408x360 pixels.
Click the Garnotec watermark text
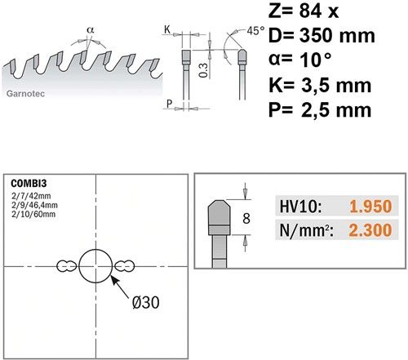tap(25, 94)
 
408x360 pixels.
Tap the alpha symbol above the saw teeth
tap(91, 29)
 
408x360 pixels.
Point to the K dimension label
tap(167, 29)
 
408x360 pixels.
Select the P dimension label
tap(169, 104)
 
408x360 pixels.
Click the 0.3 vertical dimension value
tap(203, 70)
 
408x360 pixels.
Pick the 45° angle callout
tap(255, 31)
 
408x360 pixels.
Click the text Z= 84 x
tap(304, 11)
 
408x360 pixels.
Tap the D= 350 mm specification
tap(322, 35)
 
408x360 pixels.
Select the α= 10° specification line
tap(300, 60)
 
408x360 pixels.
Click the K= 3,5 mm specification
tap(320, 85)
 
